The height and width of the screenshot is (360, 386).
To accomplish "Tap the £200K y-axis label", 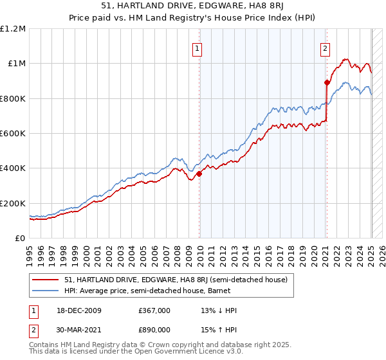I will coord(13,203).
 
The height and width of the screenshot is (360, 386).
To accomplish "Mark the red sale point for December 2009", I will coord(199,174).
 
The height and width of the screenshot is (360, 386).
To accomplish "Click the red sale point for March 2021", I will coord(327,82).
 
